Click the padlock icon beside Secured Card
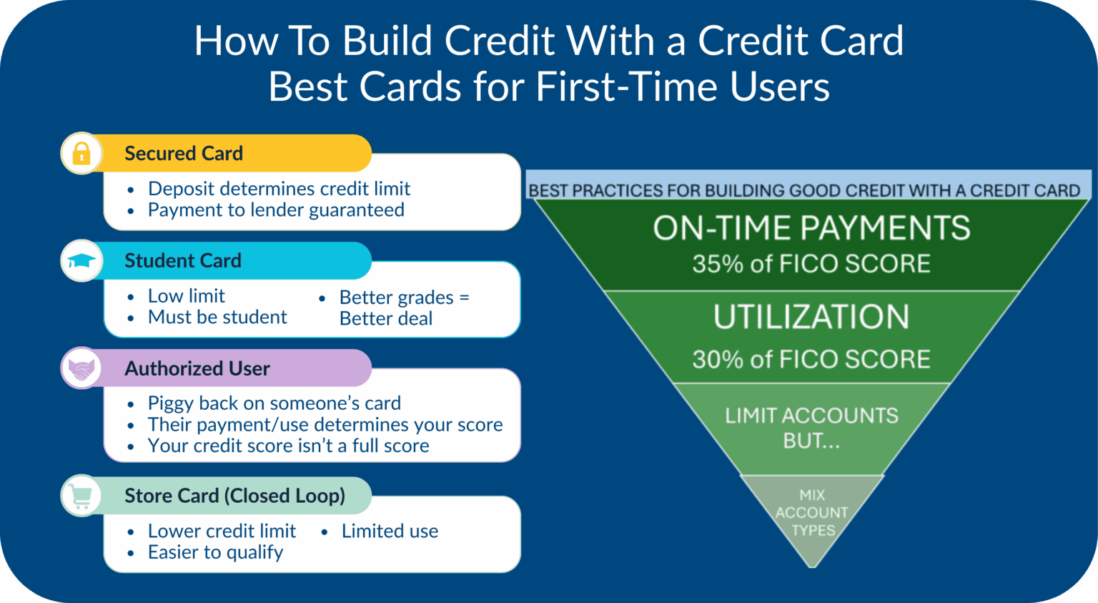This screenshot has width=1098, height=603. [81, 153]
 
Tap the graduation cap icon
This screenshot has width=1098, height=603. [81, 260]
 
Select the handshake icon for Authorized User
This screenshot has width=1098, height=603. [81, 368]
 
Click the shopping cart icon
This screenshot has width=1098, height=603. [81, 495]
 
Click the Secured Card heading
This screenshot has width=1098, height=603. [184, 153]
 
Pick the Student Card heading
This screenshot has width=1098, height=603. [183, 260]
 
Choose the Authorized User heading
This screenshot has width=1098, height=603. [197, 368]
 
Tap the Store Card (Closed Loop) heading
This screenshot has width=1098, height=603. [234, 495]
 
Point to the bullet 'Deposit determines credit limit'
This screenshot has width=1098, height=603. [279, 189]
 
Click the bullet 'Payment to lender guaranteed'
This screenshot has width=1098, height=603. [276, 210]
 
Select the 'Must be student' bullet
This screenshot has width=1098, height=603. [217, 317]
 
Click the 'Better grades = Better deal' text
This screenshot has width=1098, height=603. [403, 308]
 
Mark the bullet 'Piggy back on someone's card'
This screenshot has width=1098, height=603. [274, 403]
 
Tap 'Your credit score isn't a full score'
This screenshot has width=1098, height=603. [288, 446]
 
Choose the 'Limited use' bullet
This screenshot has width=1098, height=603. [390, 531]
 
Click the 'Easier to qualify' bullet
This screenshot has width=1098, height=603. [215, 552]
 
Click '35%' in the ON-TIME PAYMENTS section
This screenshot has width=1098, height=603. [718, 264]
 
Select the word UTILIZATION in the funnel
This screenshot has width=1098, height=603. [811, 317]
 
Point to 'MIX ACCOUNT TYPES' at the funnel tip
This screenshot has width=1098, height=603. [811, 513]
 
